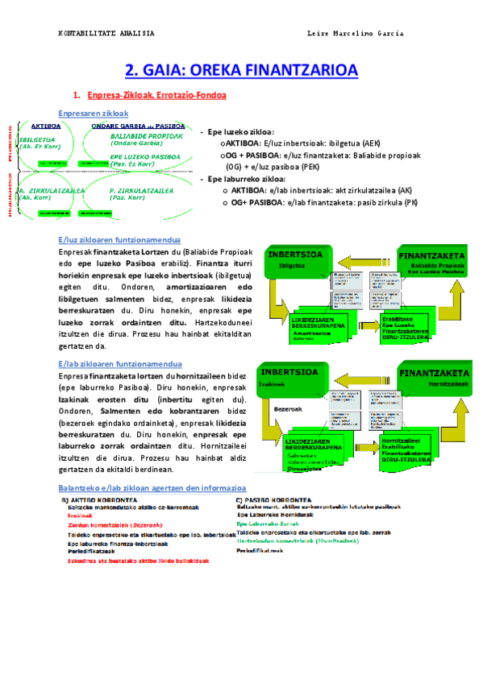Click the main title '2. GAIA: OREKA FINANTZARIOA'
tap(241, 70)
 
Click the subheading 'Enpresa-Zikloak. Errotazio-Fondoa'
tap(156, 95)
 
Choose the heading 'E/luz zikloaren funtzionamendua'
tap(119, 240)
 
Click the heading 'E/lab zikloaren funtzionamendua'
tap(120, 363)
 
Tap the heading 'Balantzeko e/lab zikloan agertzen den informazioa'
tap(153, 488)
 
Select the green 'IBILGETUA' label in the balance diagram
tap(35, 138)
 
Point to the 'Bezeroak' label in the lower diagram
tap(288, 408)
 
